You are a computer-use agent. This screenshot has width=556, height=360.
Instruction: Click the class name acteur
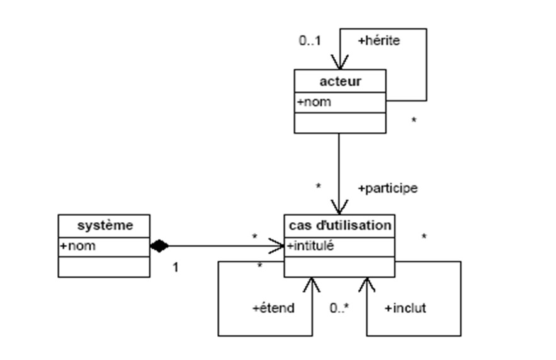click(x=340, y=81)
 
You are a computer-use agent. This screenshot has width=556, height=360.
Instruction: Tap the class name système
click(x=104, y=225)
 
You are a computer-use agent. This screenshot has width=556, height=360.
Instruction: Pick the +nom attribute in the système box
click(x=77, y=246)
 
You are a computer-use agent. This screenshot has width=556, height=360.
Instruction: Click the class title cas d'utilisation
click(x=340, y=225)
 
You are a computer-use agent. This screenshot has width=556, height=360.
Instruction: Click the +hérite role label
click(x=379, y=41)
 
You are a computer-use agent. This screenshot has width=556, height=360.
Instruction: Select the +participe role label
click(x=387, y=188)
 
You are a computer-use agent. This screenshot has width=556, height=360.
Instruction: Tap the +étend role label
click(x=273, y=308)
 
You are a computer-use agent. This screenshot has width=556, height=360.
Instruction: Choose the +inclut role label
click(x=405, y=308)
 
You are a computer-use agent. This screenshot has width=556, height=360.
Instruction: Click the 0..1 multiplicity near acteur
click(x=310, y=41)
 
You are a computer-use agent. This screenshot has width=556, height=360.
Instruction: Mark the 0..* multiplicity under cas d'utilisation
click(x=339, y=308)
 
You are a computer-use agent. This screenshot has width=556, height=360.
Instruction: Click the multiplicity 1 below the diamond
click(x=176, y=267)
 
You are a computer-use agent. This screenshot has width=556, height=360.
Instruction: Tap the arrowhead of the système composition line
click(x=277, y=246)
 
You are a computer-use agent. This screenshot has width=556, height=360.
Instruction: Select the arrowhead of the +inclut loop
click(x=366, y=284)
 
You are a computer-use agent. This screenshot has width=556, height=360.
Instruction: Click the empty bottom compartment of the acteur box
click(x=340, y=123)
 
